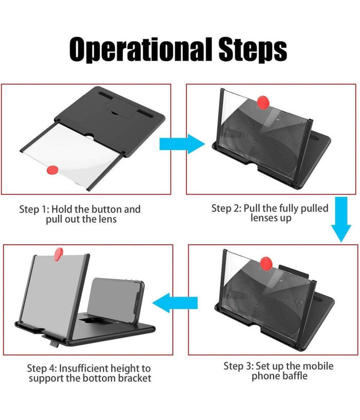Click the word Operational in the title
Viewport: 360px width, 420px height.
[141, 50]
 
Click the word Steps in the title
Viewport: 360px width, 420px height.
[253, 50]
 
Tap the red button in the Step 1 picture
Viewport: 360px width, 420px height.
[52, 170]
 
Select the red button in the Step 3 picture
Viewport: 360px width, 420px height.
[266, 263]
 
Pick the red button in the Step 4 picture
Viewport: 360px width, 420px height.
[59, 254]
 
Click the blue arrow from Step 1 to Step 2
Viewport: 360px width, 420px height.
[182, 144]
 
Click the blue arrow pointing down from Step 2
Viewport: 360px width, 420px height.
[341, 220]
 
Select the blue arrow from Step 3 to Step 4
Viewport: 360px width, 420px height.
[175, 303]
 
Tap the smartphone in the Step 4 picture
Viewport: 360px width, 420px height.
[116, 300]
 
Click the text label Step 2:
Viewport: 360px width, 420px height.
[226, 208]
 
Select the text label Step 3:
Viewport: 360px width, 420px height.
[238, 366]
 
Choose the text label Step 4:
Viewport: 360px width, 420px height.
[42, 369]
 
